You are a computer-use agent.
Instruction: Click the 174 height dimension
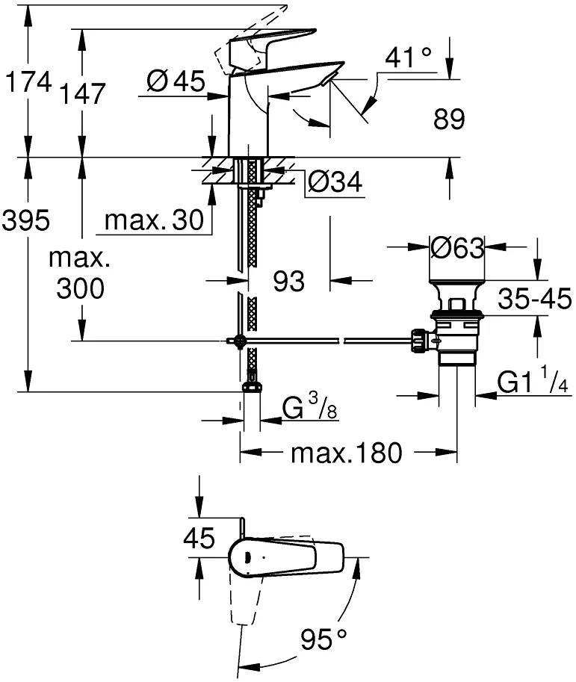[x=28, y=81]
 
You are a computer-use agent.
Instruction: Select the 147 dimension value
[x=82, y=93]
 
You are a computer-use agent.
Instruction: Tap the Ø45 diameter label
[x=176, y=81]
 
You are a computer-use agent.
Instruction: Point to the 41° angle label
[x=409, y=57]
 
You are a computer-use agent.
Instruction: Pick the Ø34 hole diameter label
[x=335, y=182]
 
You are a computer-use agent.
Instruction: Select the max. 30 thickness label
[x=154, y=220]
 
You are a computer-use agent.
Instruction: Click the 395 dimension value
[x=26, y=220]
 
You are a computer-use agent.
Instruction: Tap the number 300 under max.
[x=81, y=288]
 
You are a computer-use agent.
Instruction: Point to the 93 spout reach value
[x=289, y=281]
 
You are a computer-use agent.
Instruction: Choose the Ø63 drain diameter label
[x=456, y=248]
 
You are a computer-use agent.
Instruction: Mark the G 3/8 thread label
[x=310, y=406]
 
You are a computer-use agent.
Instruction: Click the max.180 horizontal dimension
[x=347, y=453]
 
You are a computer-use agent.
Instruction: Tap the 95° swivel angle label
[x=323, y=639]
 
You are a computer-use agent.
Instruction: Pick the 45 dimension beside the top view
[x=199, y=538]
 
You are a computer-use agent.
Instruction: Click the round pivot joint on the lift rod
[x=239, y=341]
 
